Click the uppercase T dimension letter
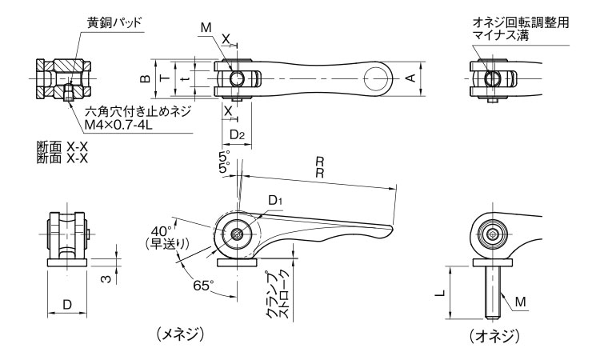tap(164, 79)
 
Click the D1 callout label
tap(276, 198)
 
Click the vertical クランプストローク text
tap(280, 294)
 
